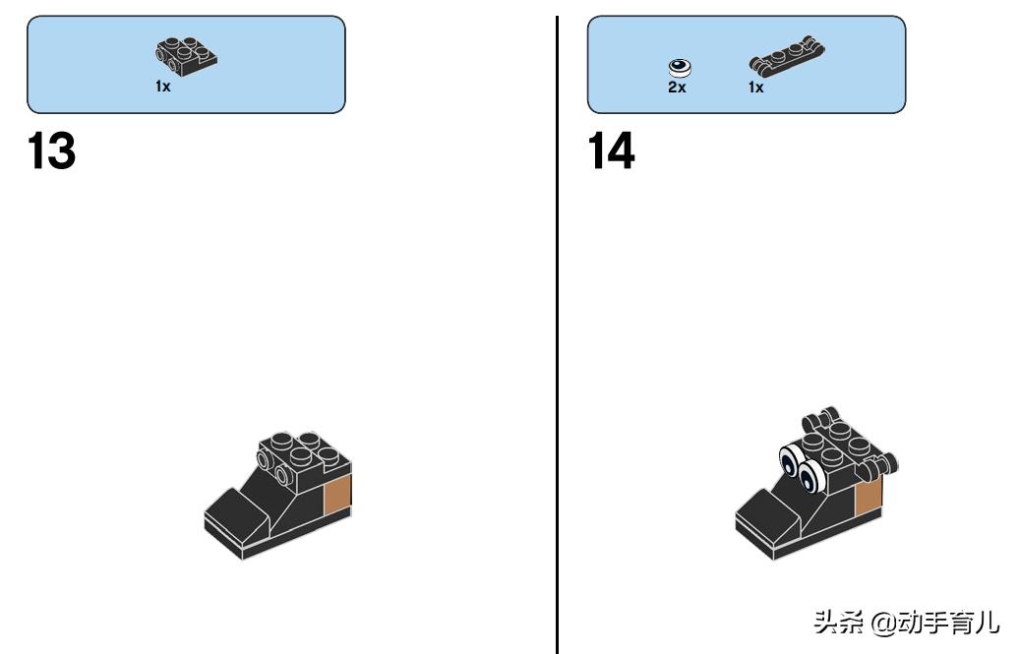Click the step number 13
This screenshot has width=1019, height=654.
pyautogui.click(x=52, y=150)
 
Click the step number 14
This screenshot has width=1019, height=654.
pyautogui.click(x=611, y=150)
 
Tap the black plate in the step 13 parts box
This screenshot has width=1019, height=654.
pyautogui.click(x=186, y=57)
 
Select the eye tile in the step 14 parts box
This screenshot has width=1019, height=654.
pyautogui.click(x=680, y=68)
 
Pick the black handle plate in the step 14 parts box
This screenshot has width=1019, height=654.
pyautogui.click(x=787, y=57)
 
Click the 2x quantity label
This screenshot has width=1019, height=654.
pyautogui.click(x=677, y=88)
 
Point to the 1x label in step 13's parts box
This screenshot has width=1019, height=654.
pyautogui.click(x=163, y=86)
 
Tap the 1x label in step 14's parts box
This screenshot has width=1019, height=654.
pyautogui.click(x=755, y=88)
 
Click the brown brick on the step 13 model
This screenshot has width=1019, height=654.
pyautogui.click(x=337, y=495)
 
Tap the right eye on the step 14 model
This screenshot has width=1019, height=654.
pyautogui.click(x=809, y=478)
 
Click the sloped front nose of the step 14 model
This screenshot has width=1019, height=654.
pyautogui.click(x=769, y=511)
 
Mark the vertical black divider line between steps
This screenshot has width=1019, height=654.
pyautogui.click(x=557, y=334)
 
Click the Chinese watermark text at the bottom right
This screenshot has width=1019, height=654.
pyautogui.click(x=907, y=622)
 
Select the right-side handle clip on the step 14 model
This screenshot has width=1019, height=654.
pyautogui.click(x=879, y=466)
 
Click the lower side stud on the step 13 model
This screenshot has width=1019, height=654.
pyautogui.click(x=283, y=475)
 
